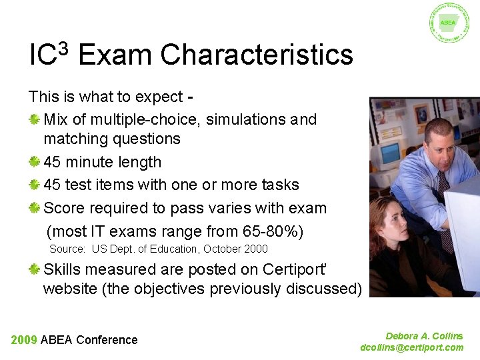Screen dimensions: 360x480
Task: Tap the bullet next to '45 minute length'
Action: pos(35,162)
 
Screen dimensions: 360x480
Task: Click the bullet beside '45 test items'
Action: pos(35,185)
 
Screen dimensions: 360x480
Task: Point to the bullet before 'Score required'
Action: pos(35,208)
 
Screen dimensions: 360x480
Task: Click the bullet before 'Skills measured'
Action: pos(35,269)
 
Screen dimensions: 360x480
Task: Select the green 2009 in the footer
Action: pos(23,340)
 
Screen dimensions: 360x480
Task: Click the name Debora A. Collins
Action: pos(424,336)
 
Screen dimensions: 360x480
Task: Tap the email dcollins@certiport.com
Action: pos(411,347)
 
